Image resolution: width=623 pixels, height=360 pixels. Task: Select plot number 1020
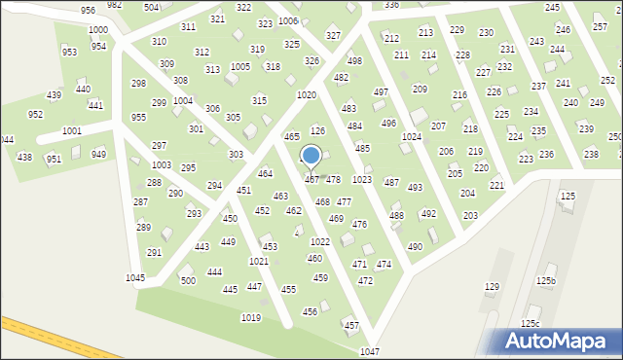click(x=307, y=94)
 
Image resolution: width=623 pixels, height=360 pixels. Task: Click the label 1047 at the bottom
click(x=369, y=351)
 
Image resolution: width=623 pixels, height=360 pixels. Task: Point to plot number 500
click(x=187, y=280)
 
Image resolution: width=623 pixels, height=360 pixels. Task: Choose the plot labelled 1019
click(x=250, y=318)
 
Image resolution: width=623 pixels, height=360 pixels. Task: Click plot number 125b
click(x=545, y=281)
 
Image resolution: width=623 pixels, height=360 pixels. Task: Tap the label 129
click(x=492, y=287)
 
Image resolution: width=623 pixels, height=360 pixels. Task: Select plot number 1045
click(x=135, y=278)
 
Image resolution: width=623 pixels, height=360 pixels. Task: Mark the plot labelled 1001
click(x=71, y=130)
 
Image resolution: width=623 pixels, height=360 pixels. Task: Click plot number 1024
click(x=412, y=137)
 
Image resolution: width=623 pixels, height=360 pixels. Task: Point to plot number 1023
click(x=361, y=180)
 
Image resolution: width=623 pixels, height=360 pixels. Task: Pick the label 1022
click(x=320, y=241)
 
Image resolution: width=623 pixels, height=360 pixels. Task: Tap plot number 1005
click(x=239, y=66)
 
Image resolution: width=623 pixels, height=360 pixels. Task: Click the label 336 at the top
click(x=391, y=5)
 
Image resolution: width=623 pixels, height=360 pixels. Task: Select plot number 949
click(x=99, y=154)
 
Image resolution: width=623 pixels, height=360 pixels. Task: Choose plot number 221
click(x=496, y=185)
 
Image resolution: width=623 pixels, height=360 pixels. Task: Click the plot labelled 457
click(x=351, y=325)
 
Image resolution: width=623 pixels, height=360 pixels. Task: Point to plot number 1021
click(x=258, y=262)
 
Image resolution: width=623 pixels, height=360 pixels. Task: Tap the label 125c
click(x=530, y=324)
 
